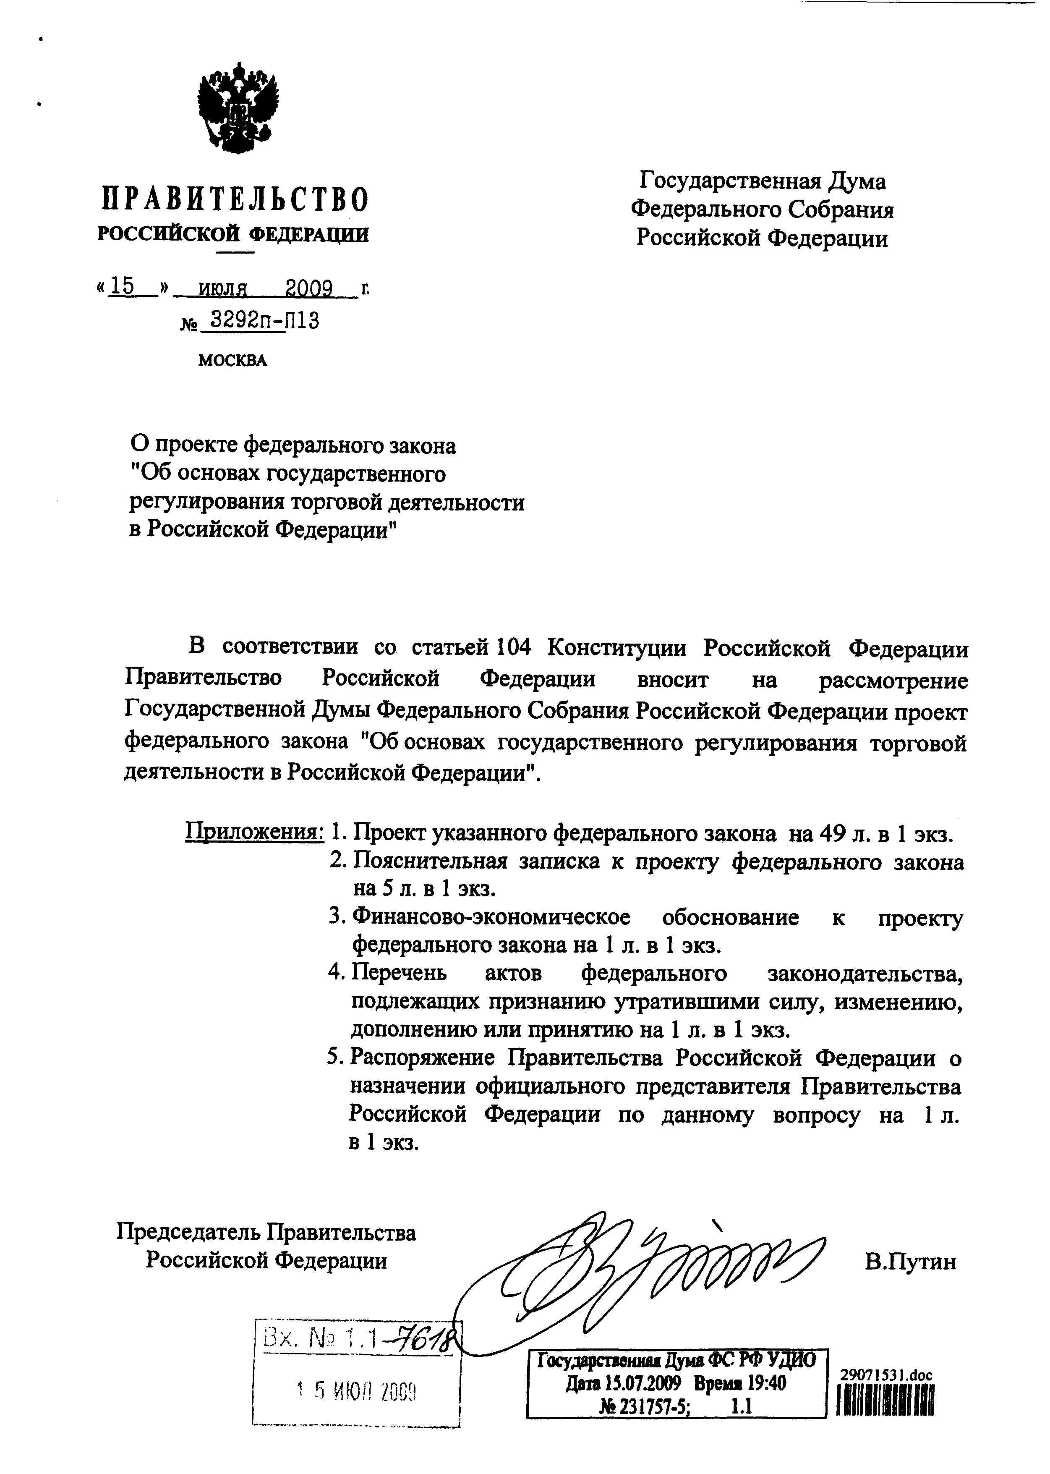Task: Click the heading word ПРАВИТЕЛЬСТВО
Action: pyautogui.click(x=235, y=199)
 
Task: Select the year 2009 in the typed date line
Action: pyautogui.click(x=309, y=288)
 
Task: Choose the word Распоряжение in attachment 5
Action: pyautogui.click(x=422, y=1058)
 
